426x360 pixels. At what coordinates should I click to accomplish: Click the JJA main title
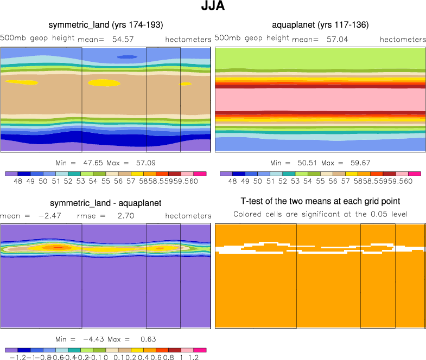point(213,8)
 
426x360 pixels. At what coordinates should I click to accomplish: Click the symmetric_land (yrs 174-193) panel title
point(106,25)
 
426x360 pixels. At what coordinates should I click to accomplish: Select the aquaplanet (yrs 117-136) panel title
point(320,25)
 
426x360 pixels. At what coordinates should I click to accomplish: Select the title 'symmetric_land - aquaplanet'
point(106,203)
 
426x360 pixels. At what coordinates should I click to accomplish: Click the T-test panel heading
point(320,203)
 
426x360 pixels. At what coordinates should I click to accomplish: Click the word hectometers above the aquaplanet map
point(403,40)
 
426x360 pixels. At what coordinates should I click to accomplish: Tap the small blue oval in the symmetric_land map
point(128,56)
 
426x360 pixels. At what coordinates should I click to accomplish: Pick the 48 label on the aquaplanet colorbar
point(232,182)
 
